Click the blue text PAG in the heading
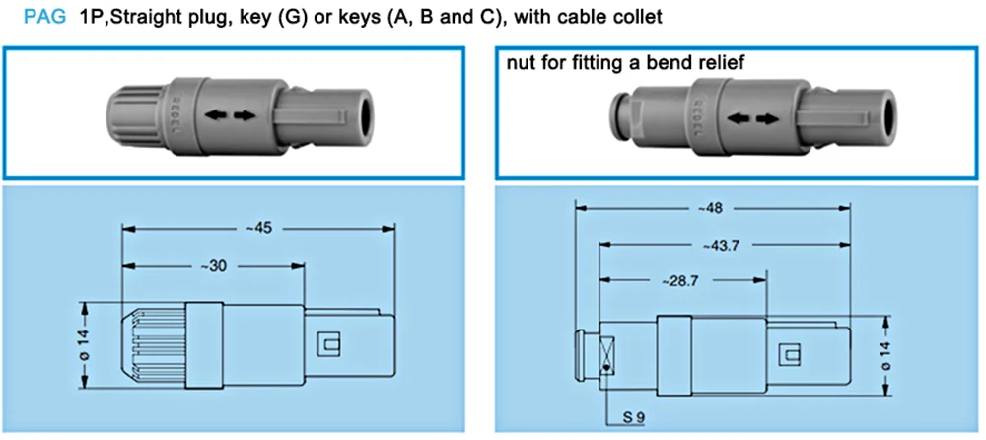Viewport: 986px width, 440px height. pyautogui.click(x=44, y=17)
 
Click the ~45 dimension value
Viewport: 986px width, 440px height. pyautogui.click(x=256, y=229)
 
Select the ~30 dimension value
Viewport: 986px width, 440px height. pyautogui.click(x=213, y=266)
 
